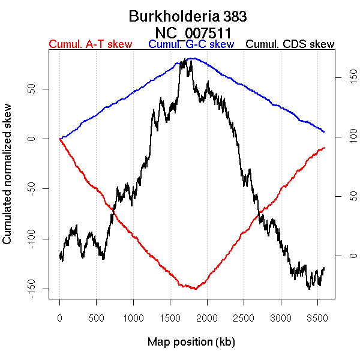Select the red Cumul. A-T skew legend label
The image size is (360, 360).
[90, 45]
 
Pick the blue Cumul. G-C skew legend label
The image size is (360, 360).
[191, 45]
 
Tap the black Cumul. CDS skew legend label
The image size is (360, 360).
[290, 45]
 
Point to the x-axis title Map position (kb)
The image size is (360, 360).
[191, 342]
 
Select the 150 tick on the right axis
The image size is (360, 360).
[345, 78]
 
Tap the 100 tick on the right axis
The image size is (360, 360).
[345, 137]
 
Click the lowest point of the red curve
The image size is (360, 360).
[195, 289]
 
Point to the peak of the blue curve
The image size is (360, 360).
[191, 58]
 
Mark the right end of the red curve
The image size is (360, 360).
[324, 148]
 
